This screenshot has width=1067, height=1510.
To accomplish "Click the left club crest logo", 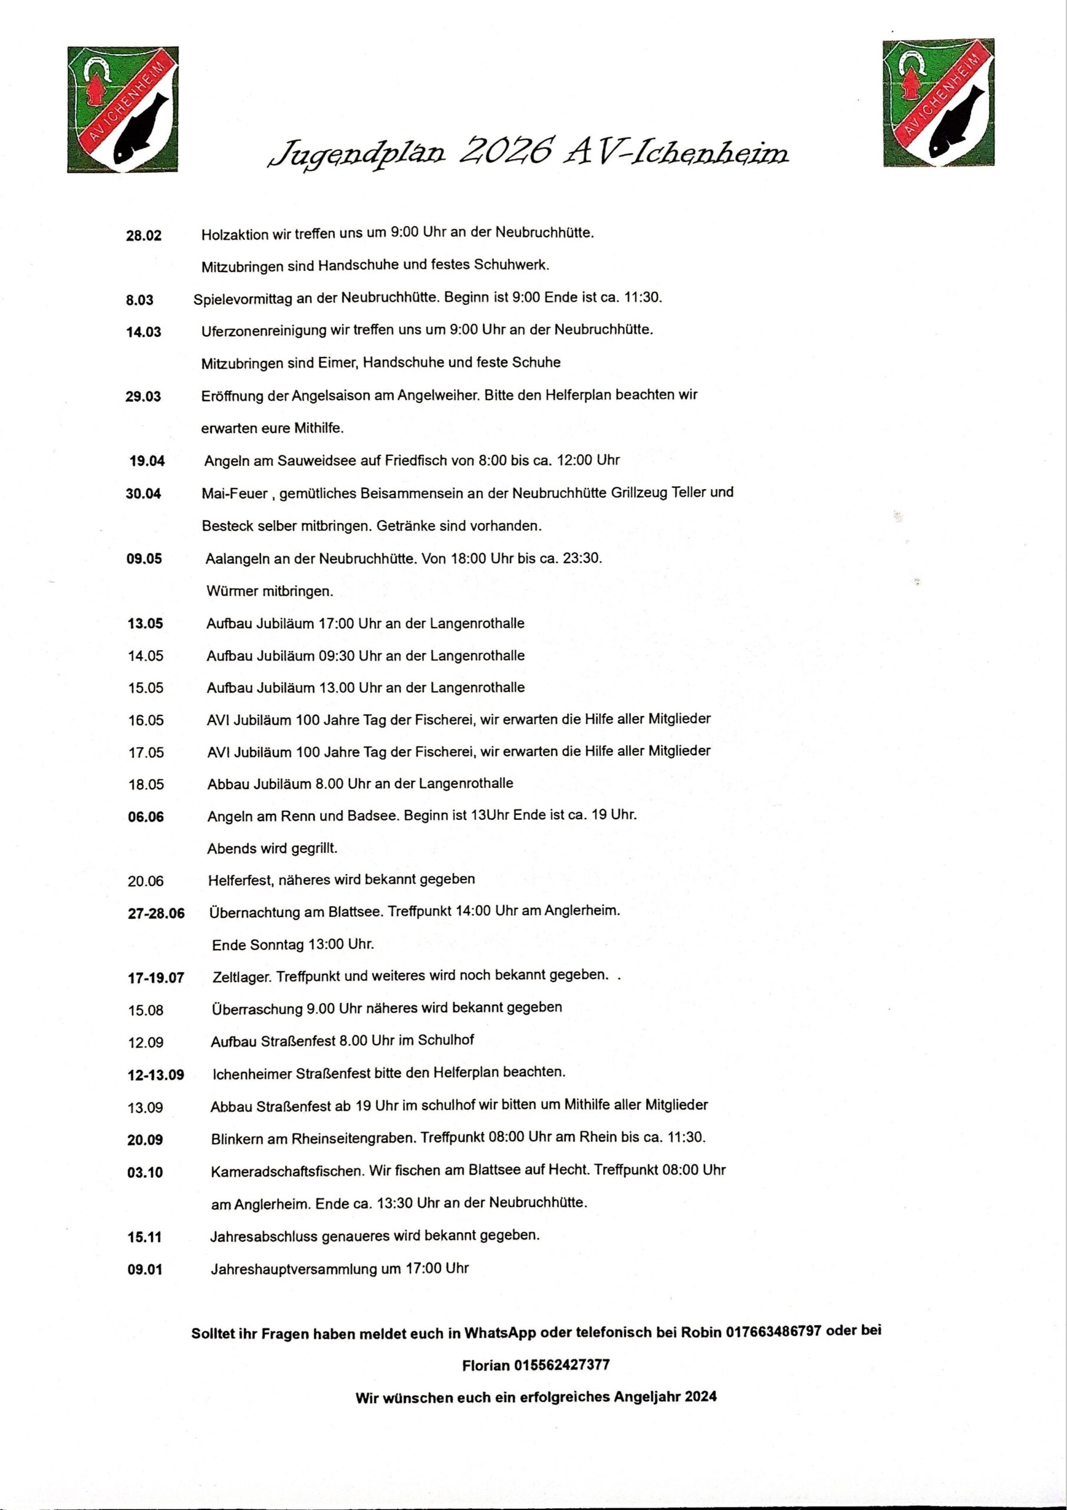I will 123,109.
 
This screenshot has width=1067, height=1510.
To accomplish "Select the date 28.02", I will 143,235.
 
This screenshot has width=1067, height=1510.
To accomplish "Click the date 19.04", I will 147,461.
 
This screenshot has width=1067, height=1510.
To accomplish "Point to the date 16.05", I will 146,720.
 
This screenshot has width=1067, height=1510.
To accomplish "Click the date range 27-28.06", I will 156,914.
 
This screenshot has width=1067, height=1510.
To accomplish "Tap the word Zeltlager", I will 241,976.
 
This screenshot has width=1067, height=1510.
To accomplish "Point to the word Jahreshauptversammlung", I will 293,1269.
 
